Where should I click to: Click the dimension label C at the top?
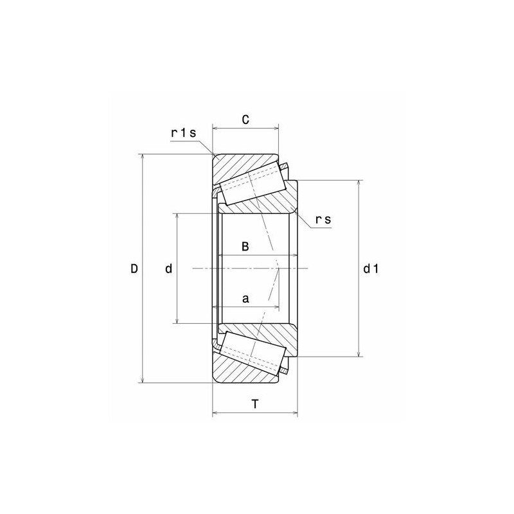click(x=245, y=120)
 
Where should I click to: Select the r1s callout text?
click(x=182, y=133)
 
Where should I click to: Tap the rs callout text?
click(x=323, y=220)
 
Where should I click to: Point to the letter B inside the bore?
click(x=245, y=247)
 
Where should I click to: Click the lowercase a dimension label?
click(x=245, y=299)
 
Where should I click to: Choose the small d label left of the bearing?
click(x=168, y=269)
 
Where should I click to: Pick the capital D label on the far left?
click(x=134, y=269)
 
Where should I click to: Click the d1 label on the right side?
click(x=371, y=269)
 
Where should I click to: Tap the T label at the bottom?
click(x=255, y=404)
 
